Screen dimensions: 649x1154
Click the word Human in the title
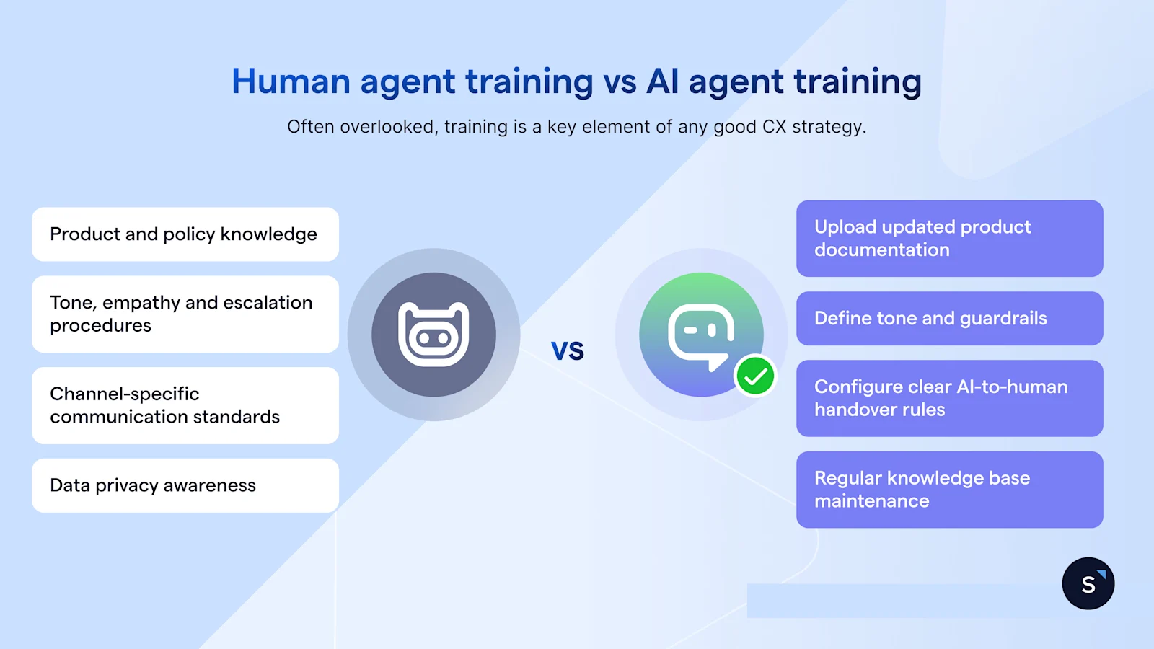(291, 81)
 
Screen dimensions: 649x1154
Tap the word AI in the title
(662, 81)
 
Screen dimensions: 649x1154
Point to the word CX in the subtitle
(774, 127)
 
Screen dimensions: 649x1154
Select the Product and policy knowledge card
(185, 234)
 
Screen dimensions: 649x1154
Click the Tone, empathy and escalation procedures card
(185, 314)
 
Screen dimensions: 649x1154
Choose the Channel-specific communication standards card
(185, 405)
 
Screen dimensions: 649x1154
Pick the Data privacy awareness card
(185, 485)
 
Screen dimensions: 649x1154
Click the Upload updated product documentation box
(949, 239)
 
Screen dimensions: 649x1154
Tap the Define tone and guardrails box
(949, 319)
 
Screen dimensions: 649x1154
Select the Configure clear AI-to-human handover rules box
(949, 398)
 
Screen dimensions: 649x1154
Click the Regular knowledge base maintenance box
(949, 490)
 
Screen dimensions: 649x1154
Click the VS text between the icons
(568, 351)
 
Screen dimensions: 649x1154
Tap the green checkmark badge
(755, 376)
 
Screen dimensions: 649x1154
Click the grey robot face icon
(433, 335)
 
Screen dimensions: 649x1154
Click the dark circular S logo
(1088, 583)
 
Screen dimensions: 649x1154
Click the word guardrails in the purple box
(1003, 319)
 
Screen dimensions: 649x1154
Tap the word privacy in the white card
(126, 486)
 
